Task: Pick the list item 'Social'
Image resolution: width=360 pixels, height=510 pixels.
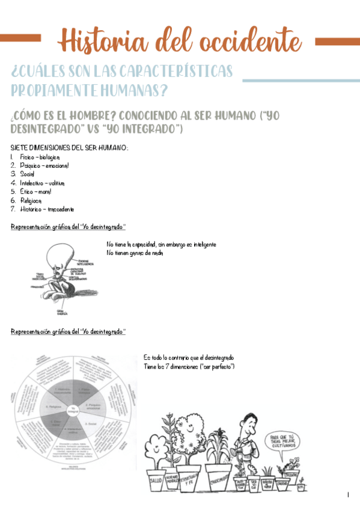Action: point(27,174)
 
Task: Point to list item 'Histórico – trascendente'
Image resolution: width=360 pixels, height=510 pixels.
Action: point(47,209)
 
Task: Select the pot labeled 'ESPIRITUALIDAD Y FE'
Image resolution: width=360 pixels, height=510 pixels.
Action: point(194,479)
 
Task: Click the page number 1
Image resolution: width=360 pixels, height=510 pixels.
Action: point(348,495)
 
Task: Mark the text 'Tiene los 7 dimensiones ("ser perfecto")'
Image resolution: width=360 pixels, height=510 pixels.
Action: point(189,367)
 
